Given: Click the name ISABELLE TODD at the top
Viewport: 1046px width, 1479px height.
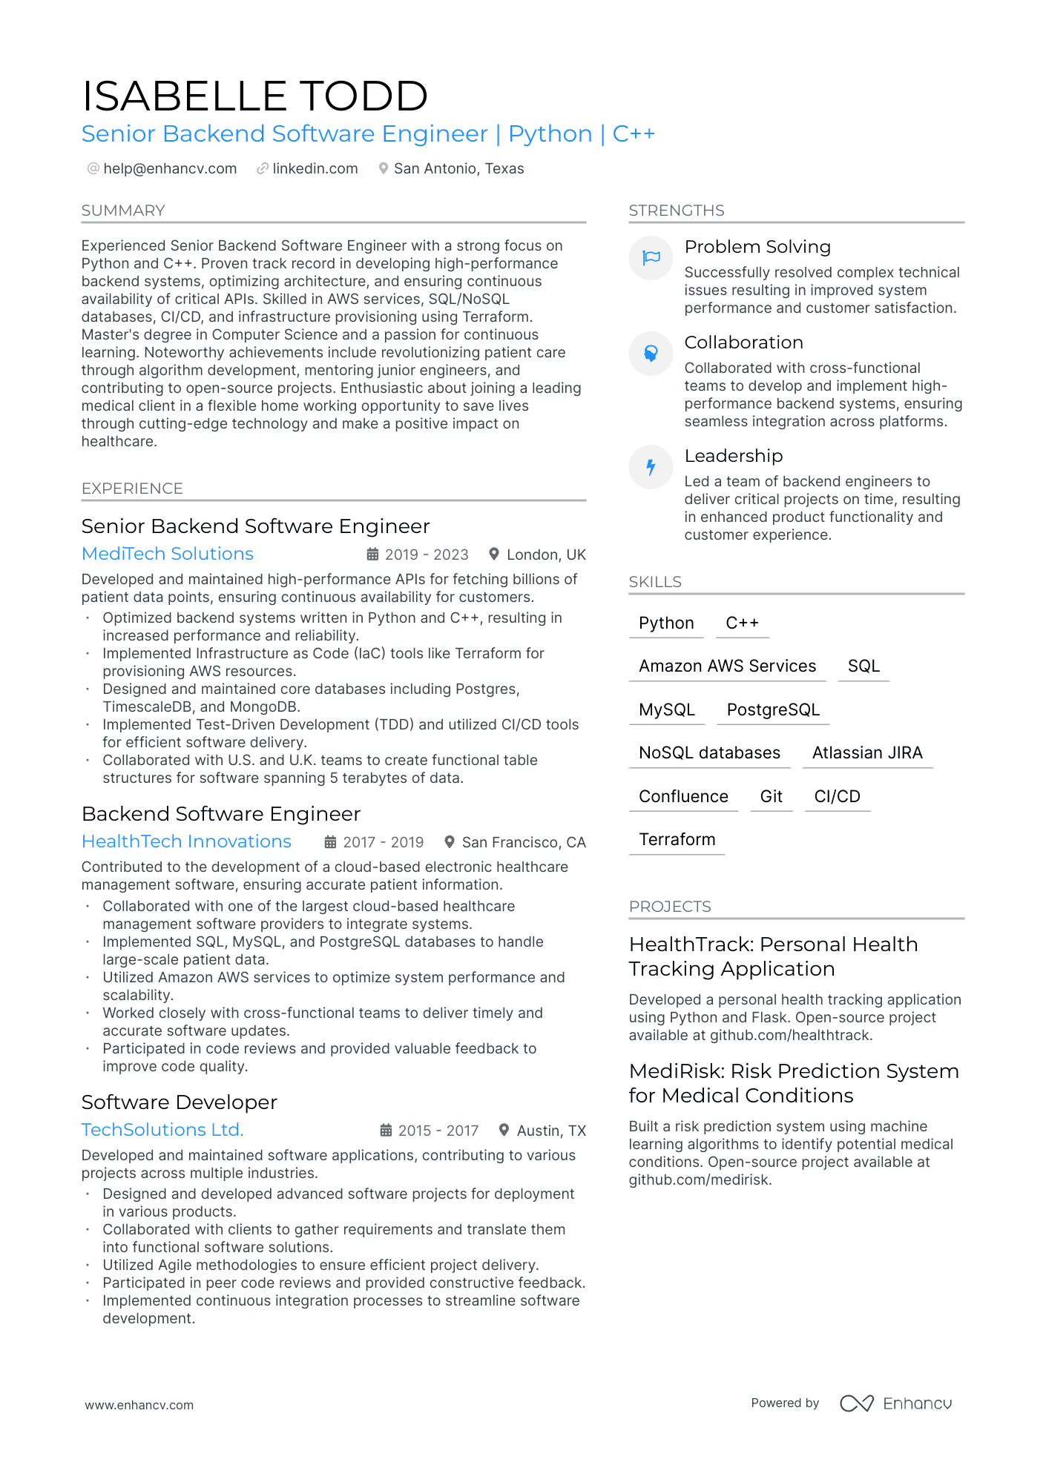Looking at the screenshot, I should pyautogui.click(x=254, y=96).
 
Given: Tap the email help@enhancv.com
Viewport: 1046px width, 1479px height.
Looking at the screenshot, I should pyautogui.click(x=170, y=169).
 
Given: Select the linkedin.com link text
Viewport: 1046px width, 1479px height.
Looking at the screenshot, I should pyautogui.click(x=315, y=169).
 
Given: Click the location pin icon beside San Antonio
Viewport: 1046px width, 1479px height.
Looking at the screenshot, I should pyautogui.click(x=383, y=169).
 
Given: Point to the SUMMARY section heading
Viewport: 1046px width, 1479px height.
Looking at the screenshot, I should pyautogui.click(x=123, y=211).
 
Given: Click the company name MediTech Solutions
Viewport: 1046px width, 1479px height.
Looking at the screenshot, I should pyautogui.click(x=168, y=554).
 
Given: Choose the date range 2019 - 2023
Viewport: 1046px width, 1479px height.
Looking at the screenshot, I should pyautogui.click(x=427, y=555).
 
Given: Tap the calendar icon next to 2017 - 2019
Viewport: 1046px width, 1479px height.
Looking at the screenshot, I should pyautogui.click(x=331, y=842).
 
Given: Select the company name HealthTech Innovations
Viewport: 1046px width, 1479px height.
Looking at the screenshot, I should pyautogui.click(x=186, y=841).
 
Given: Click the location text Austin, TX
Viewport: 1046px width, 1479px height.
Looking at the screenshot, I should pyautogui.click(x=551, y=1131).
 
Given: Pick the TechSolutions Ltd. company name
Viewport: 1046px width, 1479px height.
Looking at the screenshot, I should pyautogui.click(x=162, y=1130).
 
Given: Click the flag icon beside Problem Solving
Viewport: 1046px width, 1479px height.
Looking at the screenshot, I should pyautogui.click(x=651, y=258).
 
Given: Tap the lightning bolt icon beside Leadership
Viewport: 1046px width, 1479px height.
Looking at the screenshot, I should pyautogui.click(x=651, y=467).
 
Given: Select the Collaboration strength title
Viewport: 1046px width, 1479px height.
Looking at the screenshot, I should pyautogui.click(x=743, y=343).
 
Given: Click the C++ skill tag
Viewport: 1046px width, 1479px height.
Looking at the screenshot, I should pyautogui.click(x=742, y=623).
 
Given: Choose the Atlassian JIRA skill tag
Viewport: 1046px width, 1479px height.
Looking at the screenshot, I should pyautogui.click(x=867, y=753).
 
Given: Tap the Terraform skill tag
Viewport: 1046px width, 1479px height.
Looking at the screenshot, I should pyautogui.click(x=677, y=840).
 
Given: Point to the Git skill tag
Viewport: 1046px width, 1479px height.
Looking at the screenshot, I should pyautogui.click(x=772, y=797).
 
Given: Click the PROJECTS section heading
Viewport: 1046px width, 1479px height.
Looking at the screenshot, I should pyautogui.click(x=670, y=907).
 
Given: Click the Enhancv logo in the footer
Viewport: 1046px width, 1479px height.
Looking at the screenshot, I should pyautogui.click(x=896, y=1403).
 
